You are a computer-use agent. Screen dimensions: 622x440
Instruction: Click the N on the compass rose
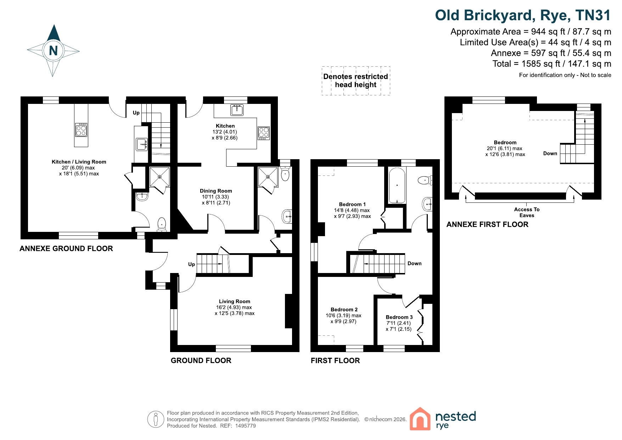(x=54, y=51)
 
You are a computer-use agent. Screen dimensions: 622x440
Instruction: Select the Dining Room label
(x=216, y=191)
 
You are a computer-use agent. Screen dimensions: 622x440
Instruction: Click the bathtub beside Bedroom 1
(x=397, y=185)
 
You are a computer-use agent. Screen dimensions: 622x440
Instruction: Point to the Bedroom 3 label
(x=399, y=317)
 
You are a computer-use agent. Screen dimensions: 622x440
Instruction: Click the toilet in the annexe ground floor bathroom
(x=162, y=224)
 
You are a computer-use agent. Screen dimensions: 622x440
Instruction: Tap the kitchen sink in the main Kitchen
(x=237, y=110)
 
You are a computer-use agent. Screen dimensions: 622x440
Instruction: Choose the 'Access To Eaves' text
(x=527, y=212)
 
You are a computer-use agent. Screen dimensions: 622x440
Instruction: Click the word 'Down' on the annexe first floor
(x=550, y=154)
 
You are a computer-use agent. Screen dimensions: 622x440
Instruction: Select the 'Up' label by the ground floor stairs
(x=191, y=264)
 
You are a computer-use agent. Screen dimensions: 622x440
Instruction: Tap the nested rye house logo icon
(x=420, y=419)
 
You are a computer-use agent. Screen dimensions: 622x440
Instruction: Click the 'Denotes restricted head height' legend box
(x=356, y=81)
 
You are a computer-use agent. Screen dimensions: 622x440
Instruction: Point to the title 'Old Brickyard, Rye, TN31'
(x=523, y=15)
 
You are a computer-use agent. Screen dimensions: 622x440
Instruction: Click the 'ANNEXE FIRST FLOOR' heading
(x=487, y=224)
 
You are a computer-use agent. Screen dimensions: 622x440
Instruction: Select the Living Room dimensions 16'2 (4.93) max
(x=234, y=307)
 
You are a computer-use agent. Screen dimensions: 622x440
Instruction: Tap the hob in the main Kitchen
(x=264, y=133)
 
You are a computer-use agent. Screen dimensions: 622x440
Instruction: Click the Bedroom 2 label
(x=344, y=310)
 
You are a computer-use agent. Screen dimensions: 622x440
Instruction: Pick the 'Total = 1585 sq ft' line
(x=552, y=64)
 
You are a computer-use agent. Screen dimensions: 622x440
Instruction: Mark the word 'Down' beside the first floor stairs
(x=415, y=263)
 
